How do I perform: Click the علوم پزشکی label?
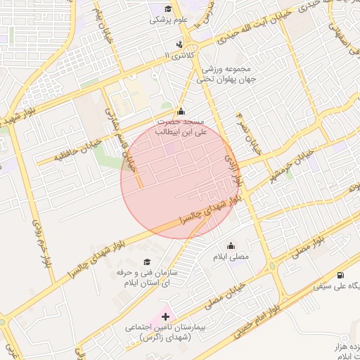click(x=167, y=20)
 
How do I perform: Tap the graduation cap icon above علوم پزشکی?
click(x=167, y=8)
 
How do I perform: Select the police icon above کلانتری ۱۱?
click(x=180, y=44)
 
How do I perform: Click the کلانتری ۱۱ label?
click(x=177, y=55)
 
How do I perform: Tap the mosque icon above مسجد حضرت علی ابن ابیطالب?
click(x=181, y=110)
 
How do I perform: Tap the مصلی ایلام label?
click(x=231, y=257)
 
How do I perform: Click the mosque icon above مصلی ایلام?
click(x=231, y=246)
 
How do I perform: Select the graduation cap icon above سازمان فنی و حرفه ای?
click(x=147, y=262)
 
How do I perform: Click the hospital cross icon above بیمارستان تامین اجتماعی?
click(x=166, y=317)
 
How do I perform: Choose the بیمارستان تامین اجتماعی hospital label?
click(x=161, y=333)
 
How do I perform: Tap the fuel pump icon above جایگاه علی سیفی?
click(x=341, y=275)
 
